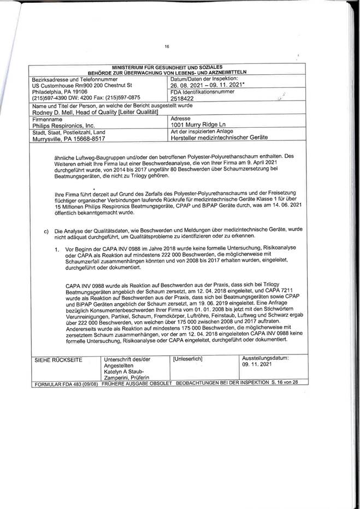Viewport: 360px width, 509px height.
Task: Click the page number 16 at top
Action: coord(167,47)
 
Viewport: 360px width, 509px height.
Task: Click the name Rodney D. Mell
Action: coord(52,112)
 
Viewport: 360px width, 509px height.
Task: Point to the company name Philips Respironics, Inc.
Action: coord(56,125)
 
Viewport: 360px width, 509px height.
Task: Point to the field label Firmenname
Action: coord(48,119)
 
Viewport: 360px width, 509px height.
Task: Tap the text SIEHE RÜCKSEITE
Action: coord(55,359)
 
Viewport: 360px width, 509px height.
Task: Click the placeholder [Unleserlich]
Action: coord(187,358)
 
